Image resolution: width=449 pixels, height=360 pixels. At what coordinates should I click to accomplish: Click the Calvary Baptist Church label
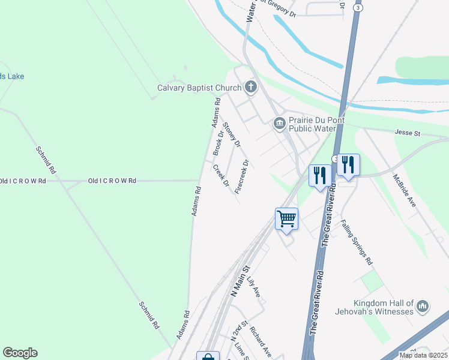coord(199,88)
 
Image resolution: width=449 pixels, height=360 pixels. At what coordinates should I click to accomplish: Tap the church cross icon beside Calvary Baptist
coord(250,88)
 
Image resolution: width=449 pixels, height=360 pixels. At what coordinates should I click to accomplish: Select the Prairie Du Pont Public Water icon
coord(279,124)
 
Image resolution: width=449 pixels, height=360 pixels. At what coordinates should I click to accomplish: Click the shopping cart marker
coord(287,218)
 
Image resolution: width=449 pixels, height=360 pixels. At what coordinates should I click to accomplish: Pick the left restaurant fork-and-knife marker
coord(319,175)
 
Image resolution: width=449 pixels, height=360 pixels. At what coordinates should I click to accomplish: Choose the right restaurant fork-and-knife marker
coord(348,164)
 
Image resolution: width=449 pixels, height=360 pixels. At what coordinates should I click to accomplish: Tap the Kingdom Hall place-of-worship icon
coord(422,307)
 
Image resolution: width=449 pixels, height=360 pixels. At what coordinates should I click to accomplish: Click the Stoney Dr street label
coord(232,135)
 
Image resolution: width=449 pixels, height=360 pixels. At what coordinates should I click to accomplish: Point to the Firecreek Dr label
coord(242,176)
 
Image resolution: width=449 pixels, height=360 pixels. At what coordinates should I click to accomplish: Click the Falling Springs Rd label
coord(357,242)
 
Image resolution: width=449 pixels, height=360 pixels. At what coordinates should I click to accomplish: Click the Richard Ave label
coord(261,341)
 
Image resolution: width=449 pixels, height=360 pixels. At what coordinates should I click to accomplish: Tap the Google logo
coord(20,353)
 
